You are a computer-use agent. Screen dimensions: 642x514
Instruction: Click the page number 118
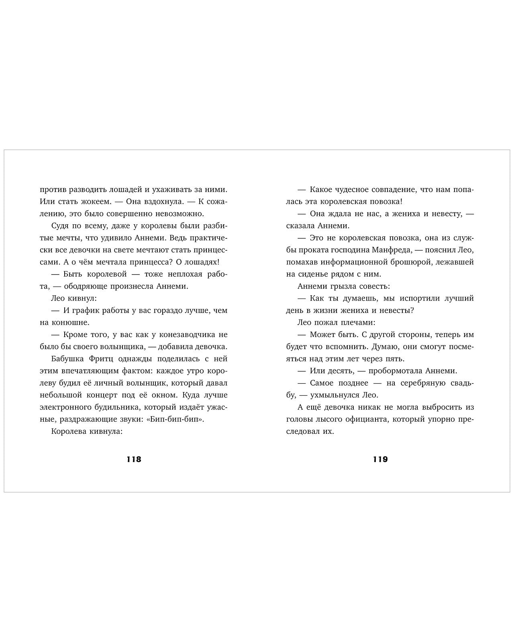click(x=134, y=459)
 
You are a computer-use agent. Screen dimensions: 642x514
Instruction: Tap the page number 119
click(x=380, y=459)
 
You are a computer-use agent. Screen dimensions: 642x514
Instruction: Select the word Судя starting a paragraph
click(x=61, y=226)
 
